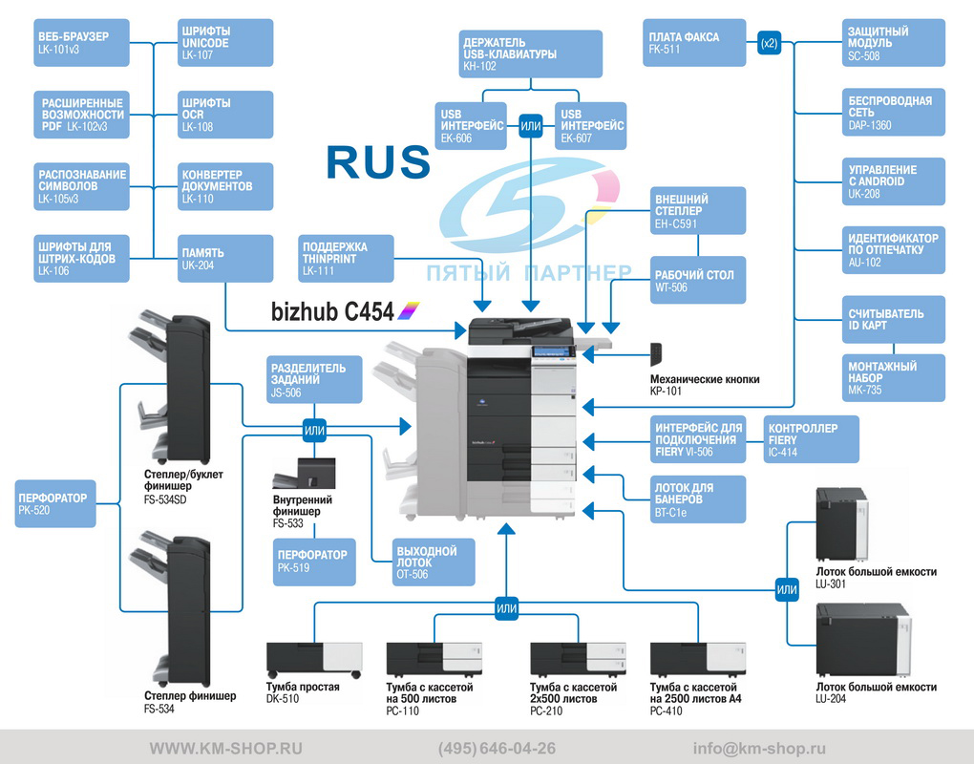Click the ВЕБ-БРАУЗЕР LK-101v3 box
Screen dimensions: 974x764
pos(81,42)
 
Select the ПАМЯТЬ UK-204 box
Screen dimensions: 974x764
pos(225,259)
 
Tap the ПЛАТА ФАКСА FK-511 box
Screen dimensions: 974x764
pos(694,42)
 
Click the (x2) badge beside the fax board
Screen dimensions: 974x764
pos(769,43)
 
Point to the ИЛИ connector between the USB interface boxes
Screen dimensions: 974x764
pos(531,126)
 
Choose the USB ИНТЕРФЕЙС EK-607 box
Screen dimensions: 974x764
pos(590,126)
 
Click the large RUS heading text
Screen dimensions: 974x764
pos(378,162)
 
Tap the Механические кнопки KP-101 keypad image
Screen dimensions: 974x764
pos(656,354)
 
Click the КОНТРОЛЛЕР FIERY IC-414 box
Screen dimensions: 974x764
pos(812,439)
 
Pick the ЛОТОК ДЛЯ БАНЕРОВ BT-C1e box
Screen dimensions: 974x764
pos(698,499)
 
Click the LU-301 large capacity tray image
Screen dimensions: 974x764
pos(841,524)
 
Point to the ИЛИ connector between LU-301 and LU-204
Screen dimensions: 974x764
pos(787,589)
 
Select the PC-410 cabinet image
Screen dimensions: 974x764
pos(698,659)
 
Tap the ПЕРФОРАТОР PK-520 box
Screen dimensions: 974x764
pos(55,503)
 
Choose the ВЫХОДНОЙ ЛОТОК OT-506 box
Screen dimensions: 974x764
pos(434,562)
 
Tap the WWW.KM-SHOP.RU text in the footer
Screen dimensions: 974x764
pos(226,749)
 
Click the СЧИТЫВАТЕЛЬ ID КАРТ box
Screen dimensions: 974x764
pos(893,319)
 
